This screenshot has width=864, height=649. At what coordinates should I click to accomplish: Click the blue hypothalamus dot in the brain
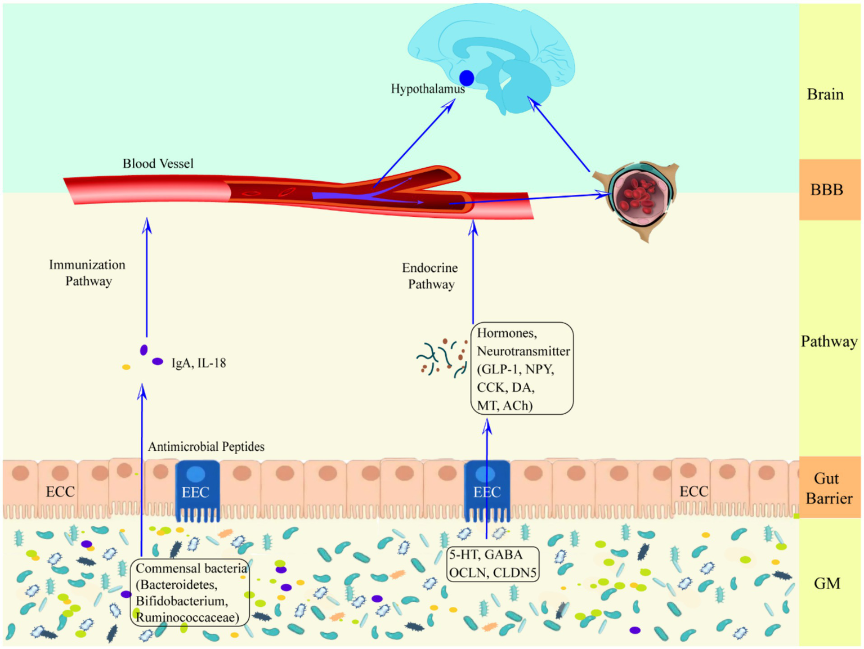467,78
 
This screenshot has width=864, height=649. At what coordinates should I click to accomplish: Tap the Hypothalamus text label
428,89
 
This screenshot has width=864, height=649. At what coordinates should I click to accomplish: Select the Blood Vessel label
158,164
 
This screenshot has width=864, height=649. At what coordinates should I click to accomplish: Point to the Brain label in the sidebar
825,94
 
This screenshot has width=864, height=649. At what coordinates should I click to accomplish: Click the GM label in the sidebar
827,584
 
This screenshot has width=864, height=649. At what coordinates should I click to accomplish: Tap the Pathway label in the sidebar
829,342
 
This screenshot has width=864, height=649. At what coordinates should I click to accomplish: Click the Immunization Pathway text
88,273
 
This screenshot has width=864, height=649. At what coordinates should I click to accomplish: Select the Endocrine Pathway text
431,276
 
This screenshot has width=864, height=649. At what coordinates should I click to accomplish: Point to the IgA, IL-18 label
199,363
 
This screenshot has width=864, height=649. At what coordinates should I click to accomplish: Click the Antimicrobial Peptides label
206,447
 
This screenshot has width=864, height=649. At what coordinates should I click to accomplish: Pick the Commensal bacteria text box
191,593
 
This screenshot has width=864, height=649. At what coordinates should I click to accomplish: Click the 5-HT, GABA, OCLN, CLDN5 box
493,564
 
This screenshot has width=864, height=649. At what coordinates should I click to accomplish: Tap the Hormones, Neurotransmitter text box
522,369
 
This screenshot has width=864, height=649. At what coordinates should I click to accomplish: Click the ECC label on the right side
693,491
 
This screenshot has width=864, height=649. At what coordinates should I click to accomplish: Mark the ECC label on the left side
60,492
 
